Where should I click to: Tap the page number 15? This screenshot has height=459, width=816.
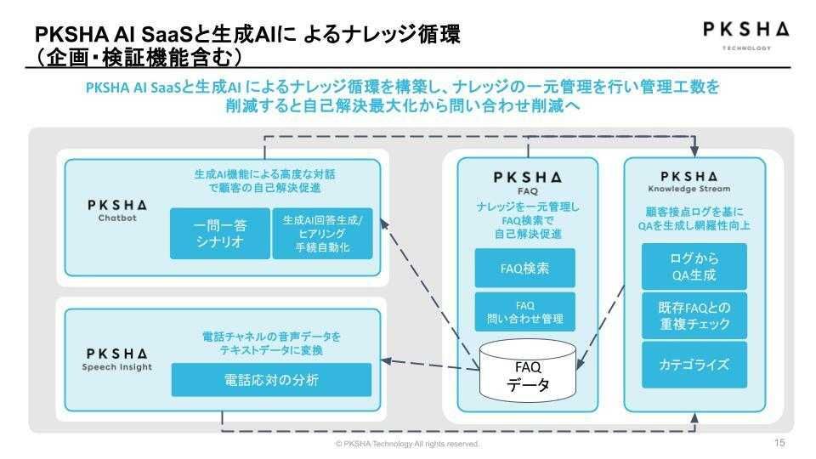point(779,443)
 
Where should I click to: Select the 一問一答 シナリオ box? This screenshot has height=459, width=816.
point(218,232)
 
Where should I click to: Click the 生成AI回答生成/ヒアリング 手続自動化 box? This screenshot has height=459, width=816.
point(322,232)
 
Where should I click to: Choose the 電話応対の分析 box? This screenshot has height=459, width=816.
point(272,380)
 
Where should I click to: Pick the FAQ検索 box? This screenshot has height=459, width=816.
point(524,268)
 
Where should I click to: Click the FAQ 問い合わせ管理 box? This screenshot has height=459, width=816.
point(524,312)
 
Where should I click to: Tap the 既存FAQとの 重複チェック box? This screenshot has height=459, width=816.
point(694,314)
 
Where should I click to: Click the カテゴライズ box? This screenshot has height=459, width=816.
point(694,365)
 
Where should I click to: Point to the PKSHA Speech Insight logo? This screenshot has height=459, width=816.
point(117,358)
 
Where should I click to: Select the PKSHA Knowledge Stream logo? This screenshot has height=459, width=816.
point(694,181)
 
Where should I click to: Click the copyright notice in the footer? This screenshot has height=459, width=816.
point(407,444)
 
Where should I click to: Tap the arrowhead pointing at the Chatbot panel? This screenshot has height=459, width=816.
point(384,223)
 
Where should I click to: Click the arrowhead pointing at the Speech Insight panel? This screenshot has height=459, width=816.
point(385,360)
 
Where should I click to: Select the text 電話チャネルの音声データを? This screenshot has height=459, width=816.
point(272,336)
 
